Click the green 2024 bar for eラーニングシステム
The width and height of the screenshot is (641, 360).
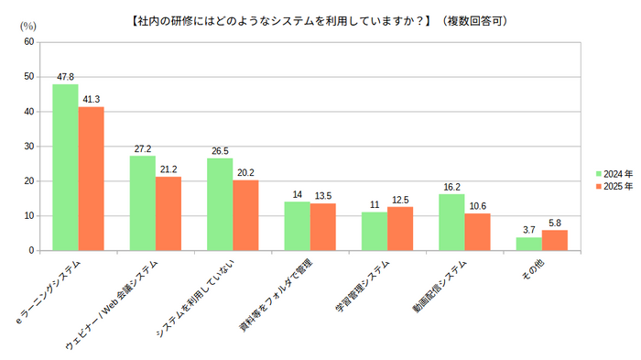click(x=65, y=167)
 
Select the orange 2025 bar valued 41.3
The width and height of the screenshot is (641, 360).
click(x=91, y=179)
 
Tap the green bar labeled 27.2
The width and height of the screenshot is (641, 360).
click(x=142, y=202)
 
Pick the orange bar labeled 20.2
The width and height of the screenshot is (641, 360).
click(x=245, y=215)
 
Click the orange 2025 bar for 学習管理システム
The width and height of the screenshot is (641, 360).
click(x=400, y=228)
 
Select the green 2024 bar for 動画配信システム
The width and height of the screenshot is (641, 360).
click(x=451, y=222)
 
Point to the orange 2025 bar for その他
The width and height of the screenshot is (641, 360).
click(x=555, y=240)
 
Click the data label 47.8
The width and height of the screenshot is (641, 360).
click(x=65, y=77)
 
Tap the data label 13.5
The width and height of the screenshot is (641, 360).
click(x=323, y=195)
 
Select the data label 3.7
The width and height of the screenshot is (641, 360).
click(x=528, y=229)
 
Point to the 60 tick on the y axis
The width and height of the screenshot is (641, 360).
click(x=29, y=42)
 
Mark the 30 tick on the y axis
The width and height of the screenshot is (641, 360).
click(x=29, y=147)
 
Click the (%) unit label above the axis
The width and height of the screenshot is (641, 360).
click(x=27, y=26)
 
